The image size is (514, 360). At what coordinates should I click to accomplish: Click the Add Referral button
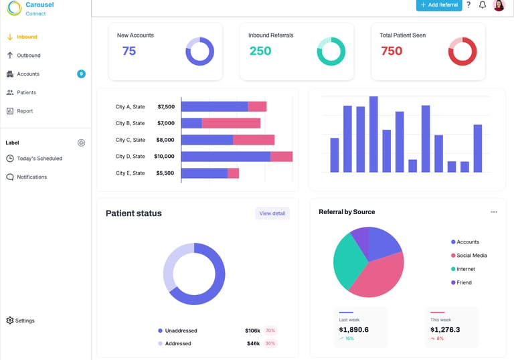pos(439,5)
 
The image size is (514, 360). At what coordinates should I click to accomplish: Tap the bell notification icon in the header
pos(483,5)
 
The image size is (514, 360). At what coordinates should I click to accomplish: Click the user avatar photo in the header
pos(499,5)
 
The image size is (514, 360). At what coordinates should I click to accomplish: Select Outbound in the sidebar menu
pos(28,56)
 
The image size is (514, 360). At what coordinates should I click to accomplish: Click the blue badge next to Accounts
pos(81,74)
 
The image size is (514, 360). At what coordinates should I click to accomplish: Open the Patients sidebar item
pos(26,92)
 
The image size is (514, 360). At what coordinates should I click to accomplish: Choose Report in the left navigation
pos(25,111)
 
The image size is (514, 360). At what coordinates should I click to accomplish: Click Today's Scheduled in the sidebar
pos(39,159)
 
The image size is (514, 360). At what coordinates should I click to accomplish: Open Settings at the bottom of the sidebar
pos(25,321)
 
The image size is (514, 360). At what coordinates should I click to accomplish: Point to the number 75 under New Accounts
pos(129,52)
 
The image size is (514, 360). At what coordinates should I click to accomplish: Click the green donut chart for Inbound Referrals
pos(331,52)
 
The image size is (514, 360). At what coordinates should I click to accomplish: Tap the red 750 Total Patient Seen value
pos(392,52)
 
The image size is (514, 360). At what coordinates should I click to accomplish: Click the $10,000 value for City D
pos(164,157)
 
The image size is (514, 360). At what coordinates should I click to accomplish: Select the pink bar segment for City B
pos(231,123)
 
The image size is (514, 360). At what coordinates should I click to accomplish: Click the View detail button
pos(272,213)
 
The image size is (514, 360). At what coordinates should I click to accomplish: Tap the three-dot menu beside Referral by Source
pos(494,212)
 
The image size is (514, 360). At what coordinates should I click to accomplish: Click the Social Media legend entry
pos(471,256)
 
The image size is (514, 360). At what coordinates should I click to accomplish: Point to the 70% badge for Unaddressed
pos(270,331)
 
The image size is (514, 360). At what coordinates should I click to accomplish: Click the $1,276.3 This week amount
pos(445,329)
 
